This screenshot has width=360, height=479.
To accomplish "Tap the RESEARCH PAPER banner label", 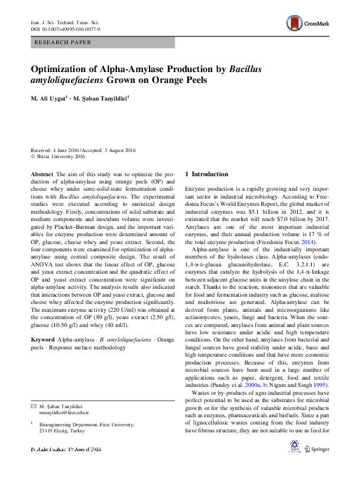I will pyautogui.click(x=64, y=42).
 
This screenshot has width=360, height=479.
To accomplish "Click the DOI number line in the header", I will pyautogui.click(x=65, y=29).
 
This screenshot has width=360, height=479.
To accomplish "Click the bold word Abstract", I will pyautogui.click(x=42, y=174).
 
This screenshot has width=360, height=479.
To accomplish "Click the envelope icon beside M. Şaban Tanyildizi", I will pyautogui.click(x=34, y=405).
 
